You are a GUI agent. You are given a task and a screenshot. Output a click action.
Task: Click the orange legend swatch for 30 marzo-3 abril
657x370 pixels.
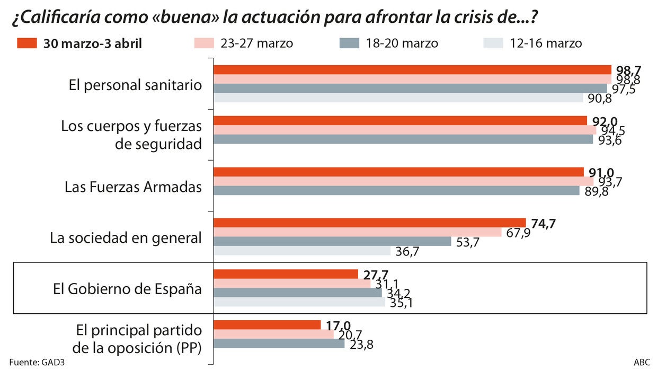(27, 43)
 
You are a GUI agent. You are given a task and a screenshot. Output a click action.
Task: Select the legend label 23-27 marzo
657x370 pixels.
(256, 43)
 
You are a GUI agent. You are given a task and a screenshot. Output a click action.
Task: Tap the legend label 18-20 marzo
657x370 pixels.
(402, 43)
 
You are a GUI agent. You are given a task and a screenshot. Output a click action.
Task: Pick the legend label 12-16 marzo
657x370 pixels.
(546, 43)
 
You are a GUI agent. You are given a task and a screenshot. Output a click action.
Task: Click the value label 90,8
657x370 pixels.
(599, 99)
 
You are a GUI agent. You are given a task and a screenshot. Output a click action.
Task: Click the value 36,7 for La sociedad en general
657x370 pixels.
(407, 252)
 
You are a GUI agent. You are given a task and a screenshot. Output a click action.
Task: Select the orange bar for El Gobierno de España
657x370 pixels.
(286, 274)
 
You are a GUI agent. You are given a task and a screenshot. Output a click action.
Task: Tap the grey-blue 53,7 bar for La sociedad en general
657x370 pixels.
(332, 241)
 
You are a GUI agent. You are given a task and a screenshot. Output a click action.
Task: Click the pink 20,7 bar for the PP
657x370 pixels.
(273, 334)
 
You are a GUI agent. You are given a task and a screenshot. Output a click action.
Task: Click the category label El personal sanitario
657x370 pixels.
(135, 85)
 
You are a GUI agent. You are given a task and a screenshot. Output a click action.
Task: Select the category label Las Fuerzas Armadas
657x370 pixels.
(133, 187)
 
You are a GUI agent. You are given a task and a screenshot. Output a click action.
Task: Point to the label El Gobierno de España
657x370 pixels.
(127, 289)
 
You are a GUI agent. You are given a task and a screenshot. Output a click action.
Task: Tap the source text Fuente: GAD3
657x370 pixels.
(40, 363)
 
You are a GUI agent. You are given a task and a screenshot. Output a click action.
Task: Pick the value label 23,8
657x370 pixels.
(362, 345)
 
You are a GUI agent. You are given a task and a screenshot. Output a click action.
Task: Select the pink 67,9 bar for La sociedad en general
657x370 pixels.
(358, 232)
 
